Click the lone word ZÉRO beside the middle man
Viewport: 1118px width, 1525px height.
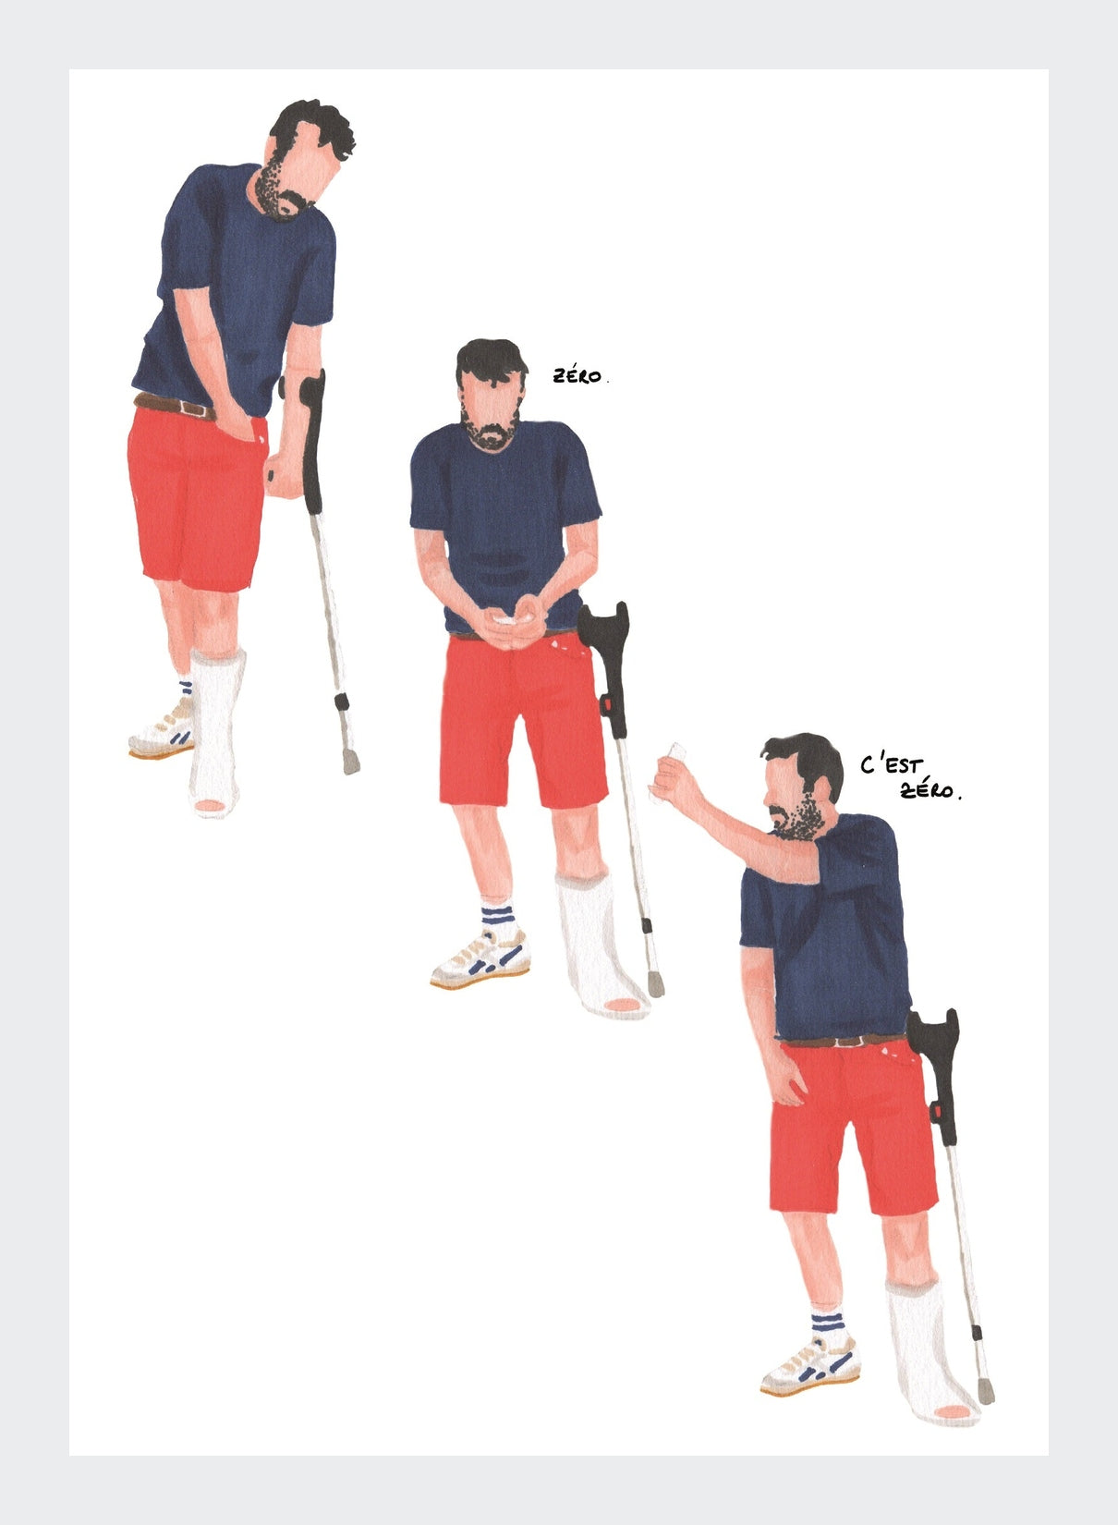tap(577, 375)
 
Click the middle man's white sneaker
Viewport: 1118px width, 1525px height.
tap(481, 958)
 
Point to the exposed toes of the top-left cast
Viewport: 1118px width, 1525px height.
tap(210, 807)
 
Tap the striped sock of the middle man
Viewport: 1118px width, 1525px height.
tap(500, 917)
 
